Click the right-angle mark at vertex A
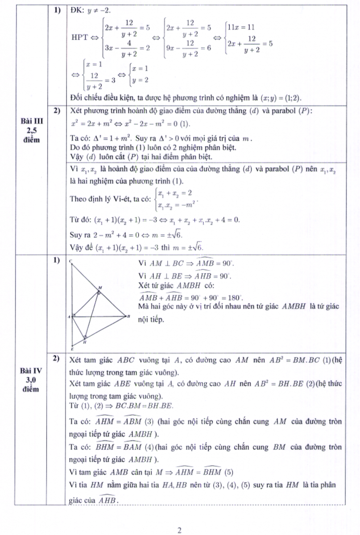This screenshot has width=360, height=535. (74, 316)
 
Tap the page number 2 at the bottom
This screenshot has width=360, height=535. (179, 530)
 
